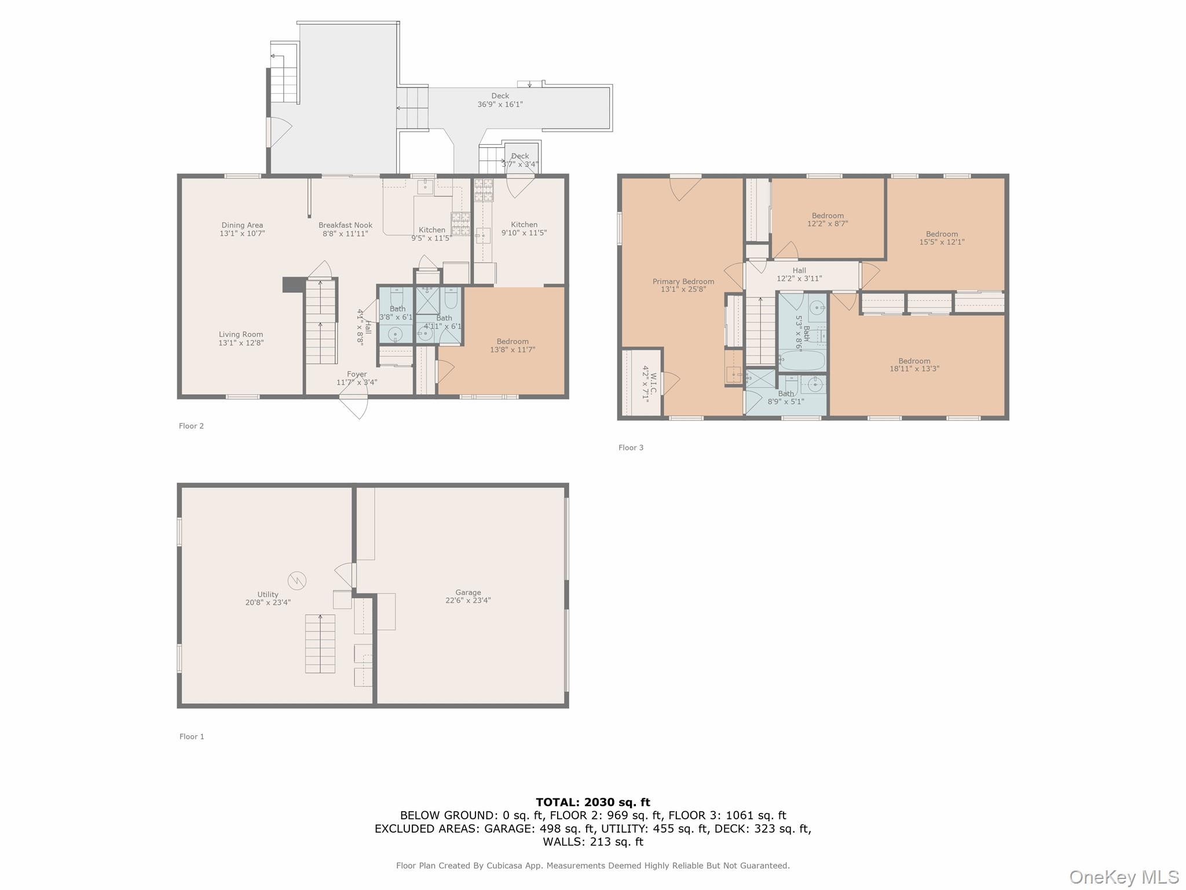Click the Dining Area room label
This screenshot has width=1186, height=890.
(242, 229)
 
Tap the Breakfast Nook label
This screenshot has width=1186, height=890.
(345, 229)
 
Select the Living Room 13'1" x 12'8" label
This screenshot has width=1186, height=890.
(241, 338)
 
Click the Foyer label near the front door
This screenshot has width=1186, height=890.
(357, 378)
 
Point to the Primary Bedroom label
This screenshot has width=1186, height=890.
(683, 285)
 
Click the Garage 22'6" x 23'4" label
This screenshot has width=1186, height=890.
(468, 596)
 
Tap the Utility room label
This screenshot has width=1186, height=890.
(268, 598)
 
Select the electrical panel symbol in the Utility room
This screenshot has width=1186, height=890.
(296, 580)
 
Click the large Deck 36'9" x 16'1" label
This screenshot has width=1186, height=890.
(500, 100)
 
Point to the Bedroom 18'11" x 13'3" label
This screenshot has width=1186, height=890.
(914, 364)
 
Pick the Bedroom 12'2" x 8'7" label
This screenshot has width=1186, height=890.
(828, 219)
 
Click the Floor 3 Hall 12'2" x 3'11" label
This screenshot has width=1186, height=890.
(799, 274)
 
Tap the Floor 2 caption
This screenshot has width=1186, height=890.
(191, 426)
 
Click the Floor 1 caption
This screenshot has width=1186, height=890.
(192, 736)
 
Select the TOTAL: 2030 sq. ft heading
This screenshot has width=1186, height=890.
(592, 803)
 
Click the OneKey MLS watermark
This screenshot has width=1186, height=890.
(1123, 877)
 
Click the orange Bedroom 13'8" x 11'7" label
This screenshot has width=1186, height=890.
(513, 345)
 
